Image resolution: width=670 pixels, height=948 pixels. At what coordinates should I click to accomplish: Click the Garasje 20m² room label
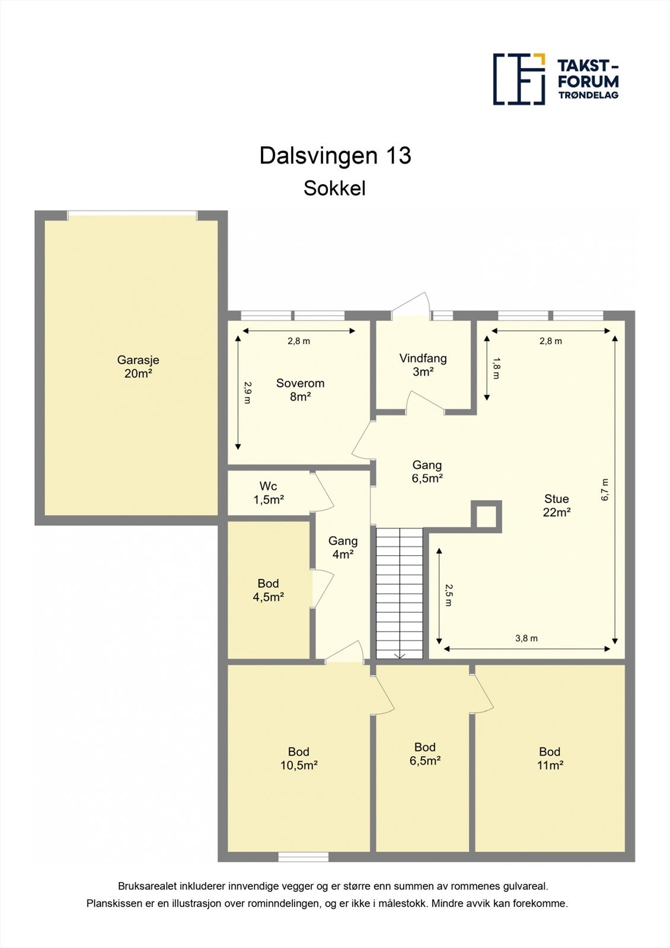[x=138, y=367]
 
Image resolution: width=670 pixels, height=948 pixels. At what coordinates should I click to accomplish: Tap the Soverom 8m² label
[x=300, y=390]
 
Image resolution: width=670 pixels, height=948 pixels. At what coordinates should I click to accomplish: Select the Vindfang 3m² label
[x=423, y=365]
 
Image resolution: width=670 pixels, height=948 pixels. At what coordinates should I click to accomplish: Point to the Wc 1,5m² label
[x=268, y=493]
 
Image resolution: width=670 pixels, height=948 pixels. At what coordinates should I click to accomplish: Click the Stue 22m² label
[x=556, y=505]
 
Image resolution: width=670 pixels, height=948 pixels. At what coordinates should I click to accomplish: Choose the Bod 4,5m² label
[x=268, y=590]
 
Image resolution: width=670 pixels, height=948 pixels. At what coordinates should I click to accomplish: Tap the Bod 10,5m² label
[x=299, y=758]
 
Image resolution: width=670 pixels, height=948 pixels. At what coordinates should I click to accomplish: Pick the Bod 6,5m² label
[x=425, y=754]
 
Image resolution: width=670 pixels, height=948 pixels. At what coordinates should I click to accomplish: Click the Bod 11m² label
[x=550, y=758]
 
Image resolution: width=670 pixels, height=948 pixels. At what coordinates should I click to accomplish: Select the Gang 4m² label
[x=343, y=547]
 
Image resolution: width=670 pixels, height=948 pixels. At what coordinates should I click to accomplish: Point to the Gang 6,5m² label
[x=427, y=472]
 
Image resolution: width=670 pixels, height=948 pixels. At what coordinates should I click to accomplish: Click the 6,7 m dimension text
[x=605, y=490]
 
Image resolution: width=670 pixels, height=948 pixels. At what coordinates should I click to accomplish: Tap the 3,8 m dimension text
[x=527, y=638]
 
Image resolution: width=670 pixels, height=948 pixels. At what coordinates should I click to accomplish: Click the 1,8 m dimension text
[x=496, y=367]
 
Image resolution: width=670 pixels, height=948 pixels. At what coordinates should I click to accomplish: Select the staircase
[x=400, y=592]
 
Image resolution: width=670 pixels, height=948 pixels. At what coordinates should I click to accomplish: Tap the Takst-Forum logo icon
[x=519, y=79]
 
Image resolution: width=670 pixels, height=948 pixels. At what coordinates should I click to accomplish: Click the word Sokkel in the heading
[x=334, y=188]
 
